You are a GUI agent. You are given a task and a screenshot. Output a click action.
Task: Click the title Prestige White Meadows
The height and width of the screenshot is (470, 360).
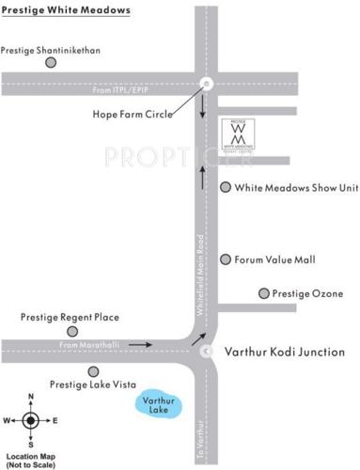[66, 11]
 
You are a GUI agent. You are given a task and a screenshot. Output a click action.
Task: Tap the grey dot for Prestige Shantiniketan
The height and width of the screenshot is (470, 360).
[51, 63]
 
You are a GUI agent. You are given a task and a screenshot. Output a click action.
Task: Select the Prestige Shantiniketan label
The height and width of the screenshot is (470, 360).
[51, 49]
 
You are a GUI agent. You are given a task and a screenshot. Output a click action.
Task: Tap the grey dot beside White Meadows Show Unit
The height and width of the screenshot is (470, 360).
[226, 187]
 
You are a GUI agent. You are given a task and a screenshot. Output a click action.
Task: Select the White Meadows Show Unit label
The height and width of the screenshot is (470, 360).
[296, 188]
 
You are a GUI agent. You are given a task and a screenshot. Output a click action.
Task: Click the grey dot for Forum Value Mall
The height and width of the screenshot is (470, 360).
[226, 258]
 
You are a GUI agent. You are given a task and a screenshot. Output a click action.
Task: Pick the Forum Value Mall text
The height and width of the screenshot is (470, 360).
[281, 259]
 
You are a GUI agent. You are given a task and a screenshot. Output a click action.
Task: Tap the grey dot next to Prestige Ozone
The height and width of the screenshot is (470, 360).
[263, 294]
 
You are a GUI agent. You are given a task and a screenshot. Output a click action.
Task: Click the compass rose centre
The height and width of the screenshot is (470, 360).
[31, 420]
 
